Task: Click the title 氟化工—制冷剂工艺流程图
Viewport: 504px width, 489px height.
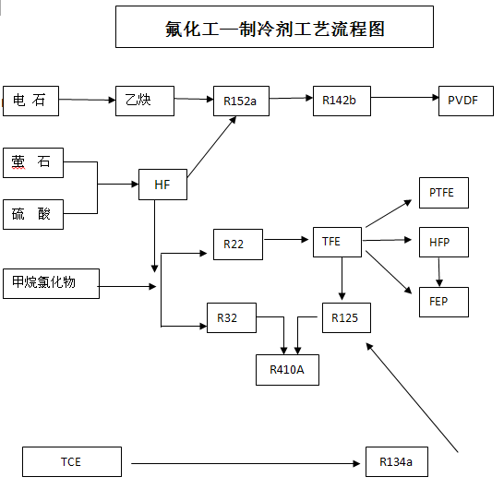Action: tap(275, 29)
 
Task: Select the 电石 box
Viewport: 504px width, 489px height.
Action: tap(30, 101)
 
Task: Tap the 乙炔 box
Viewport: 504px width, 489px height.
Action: tap(145, 101)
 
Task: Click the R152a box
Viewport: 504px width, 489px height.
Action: tap(242, 101)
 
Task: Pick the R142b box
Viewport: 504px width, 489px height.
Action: tap(342, 101)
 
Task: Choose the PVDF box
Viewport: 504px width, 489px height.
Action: tap(466, 101)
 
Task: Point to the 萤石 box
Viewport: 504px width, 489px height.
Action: tap(33, 162)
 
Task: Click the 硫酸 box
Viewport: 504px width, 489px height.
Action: tap(33, 214)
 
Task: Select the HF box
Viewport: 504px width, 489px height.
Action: tap(163, 185)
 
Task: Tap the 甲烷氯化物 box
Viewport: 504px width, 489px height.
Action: tap(51, 283)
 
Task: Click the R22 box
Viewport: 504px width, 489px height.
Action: tap(238, 244)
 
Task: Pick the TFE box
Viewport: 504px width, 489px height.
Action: tap(337, 242)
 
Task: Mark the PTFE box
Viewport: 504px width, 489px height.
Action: tap(444, 193)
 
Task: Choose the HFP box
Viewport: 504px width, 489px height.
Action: tap(444, 242)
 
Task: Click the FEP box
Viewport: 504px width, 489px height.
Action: tap(444, 302)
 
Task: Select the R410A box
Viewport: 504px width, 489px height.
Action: tap(287, 370)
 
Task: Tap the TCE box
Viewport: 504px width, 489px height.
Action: tap(72, 461)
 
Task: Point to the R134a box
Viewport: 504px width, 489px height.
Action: tap(397, 461)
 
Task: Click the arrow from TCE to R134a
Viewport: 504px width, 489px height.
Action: tap(246, 463)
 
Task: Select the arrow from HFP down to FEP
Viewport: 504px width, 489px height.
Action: tap(439, 272)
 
